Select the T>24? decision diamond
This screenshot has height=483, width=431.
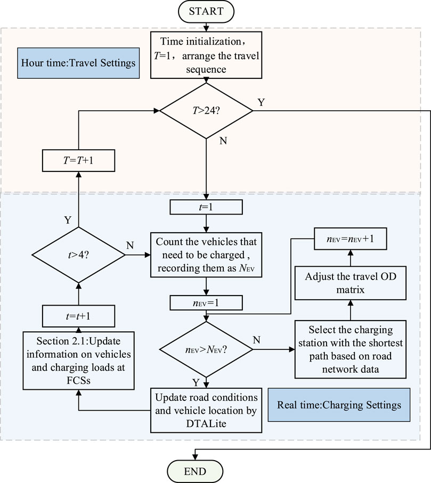(x=206, y=111)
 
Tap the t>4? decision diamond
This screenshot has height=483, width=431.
(x=79, y=255)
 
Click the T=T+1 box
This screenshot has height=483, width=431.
(x=79, y=160)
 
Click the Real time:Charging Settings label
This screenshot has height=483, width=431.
(x=339, y=405)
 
